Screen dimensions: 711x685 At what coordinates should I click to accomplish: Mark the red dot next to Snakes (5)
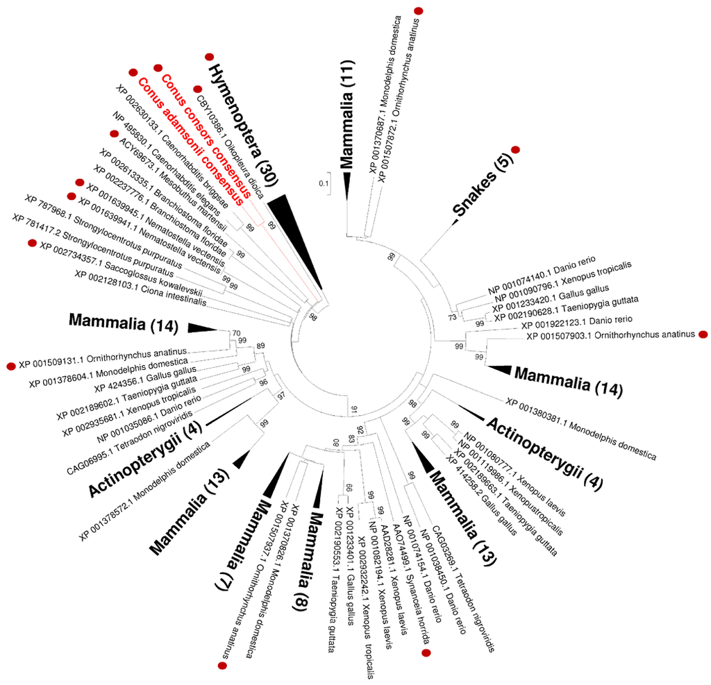(x=515, y=150)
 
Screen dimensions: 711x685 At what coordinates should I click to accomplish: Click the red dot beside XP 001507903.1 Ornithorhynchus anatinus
(x=703, y=335)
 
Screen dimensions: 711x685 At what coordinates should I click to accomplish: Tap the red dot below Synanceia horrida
(x=427, y=653)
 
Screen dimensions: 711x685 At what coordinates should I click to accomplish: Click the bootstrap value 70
(x=236, y=332)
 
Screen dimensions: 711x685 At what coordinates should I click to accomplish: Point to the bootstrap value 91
(x=354, y=407)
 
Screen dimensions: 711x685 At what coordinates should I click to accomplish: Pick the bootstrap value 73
(x=453, y=316)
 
